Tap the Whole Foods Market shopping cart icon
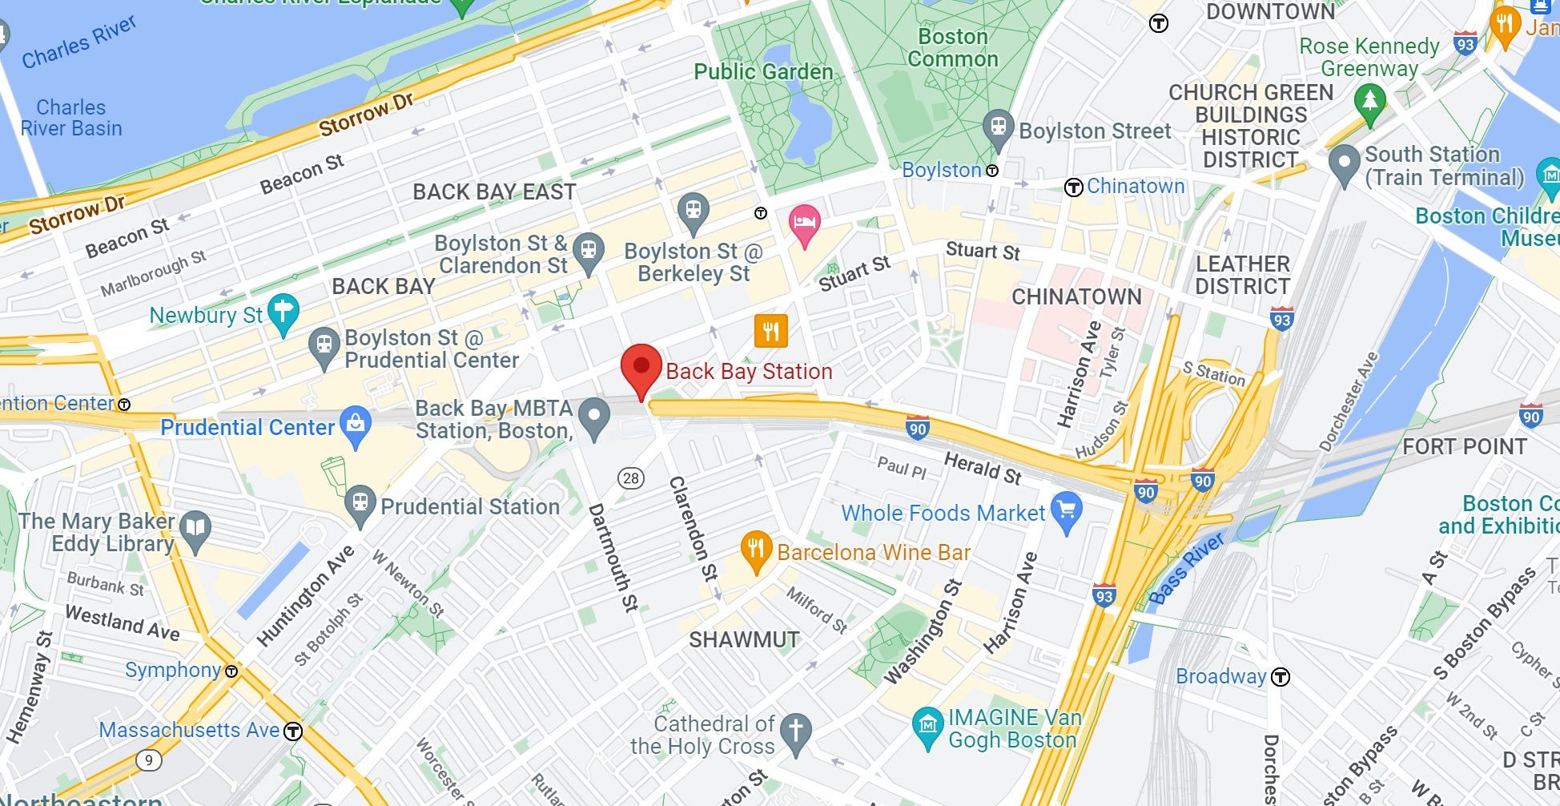1067,510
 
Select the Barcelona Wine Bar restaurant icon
755,550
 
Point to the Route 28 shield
631,478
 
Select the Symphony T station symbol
231,671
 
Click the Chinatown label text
1135,186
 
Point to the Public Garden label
763,71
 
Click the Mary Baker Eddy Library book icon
195,529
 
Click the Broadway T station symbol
1281,677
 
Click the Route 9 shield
148,760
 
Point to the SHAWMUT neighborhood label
744,639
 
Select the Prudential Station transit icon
360,504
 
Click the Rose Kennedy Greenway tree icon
1369,102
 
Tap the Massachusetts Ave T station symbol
293,731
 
